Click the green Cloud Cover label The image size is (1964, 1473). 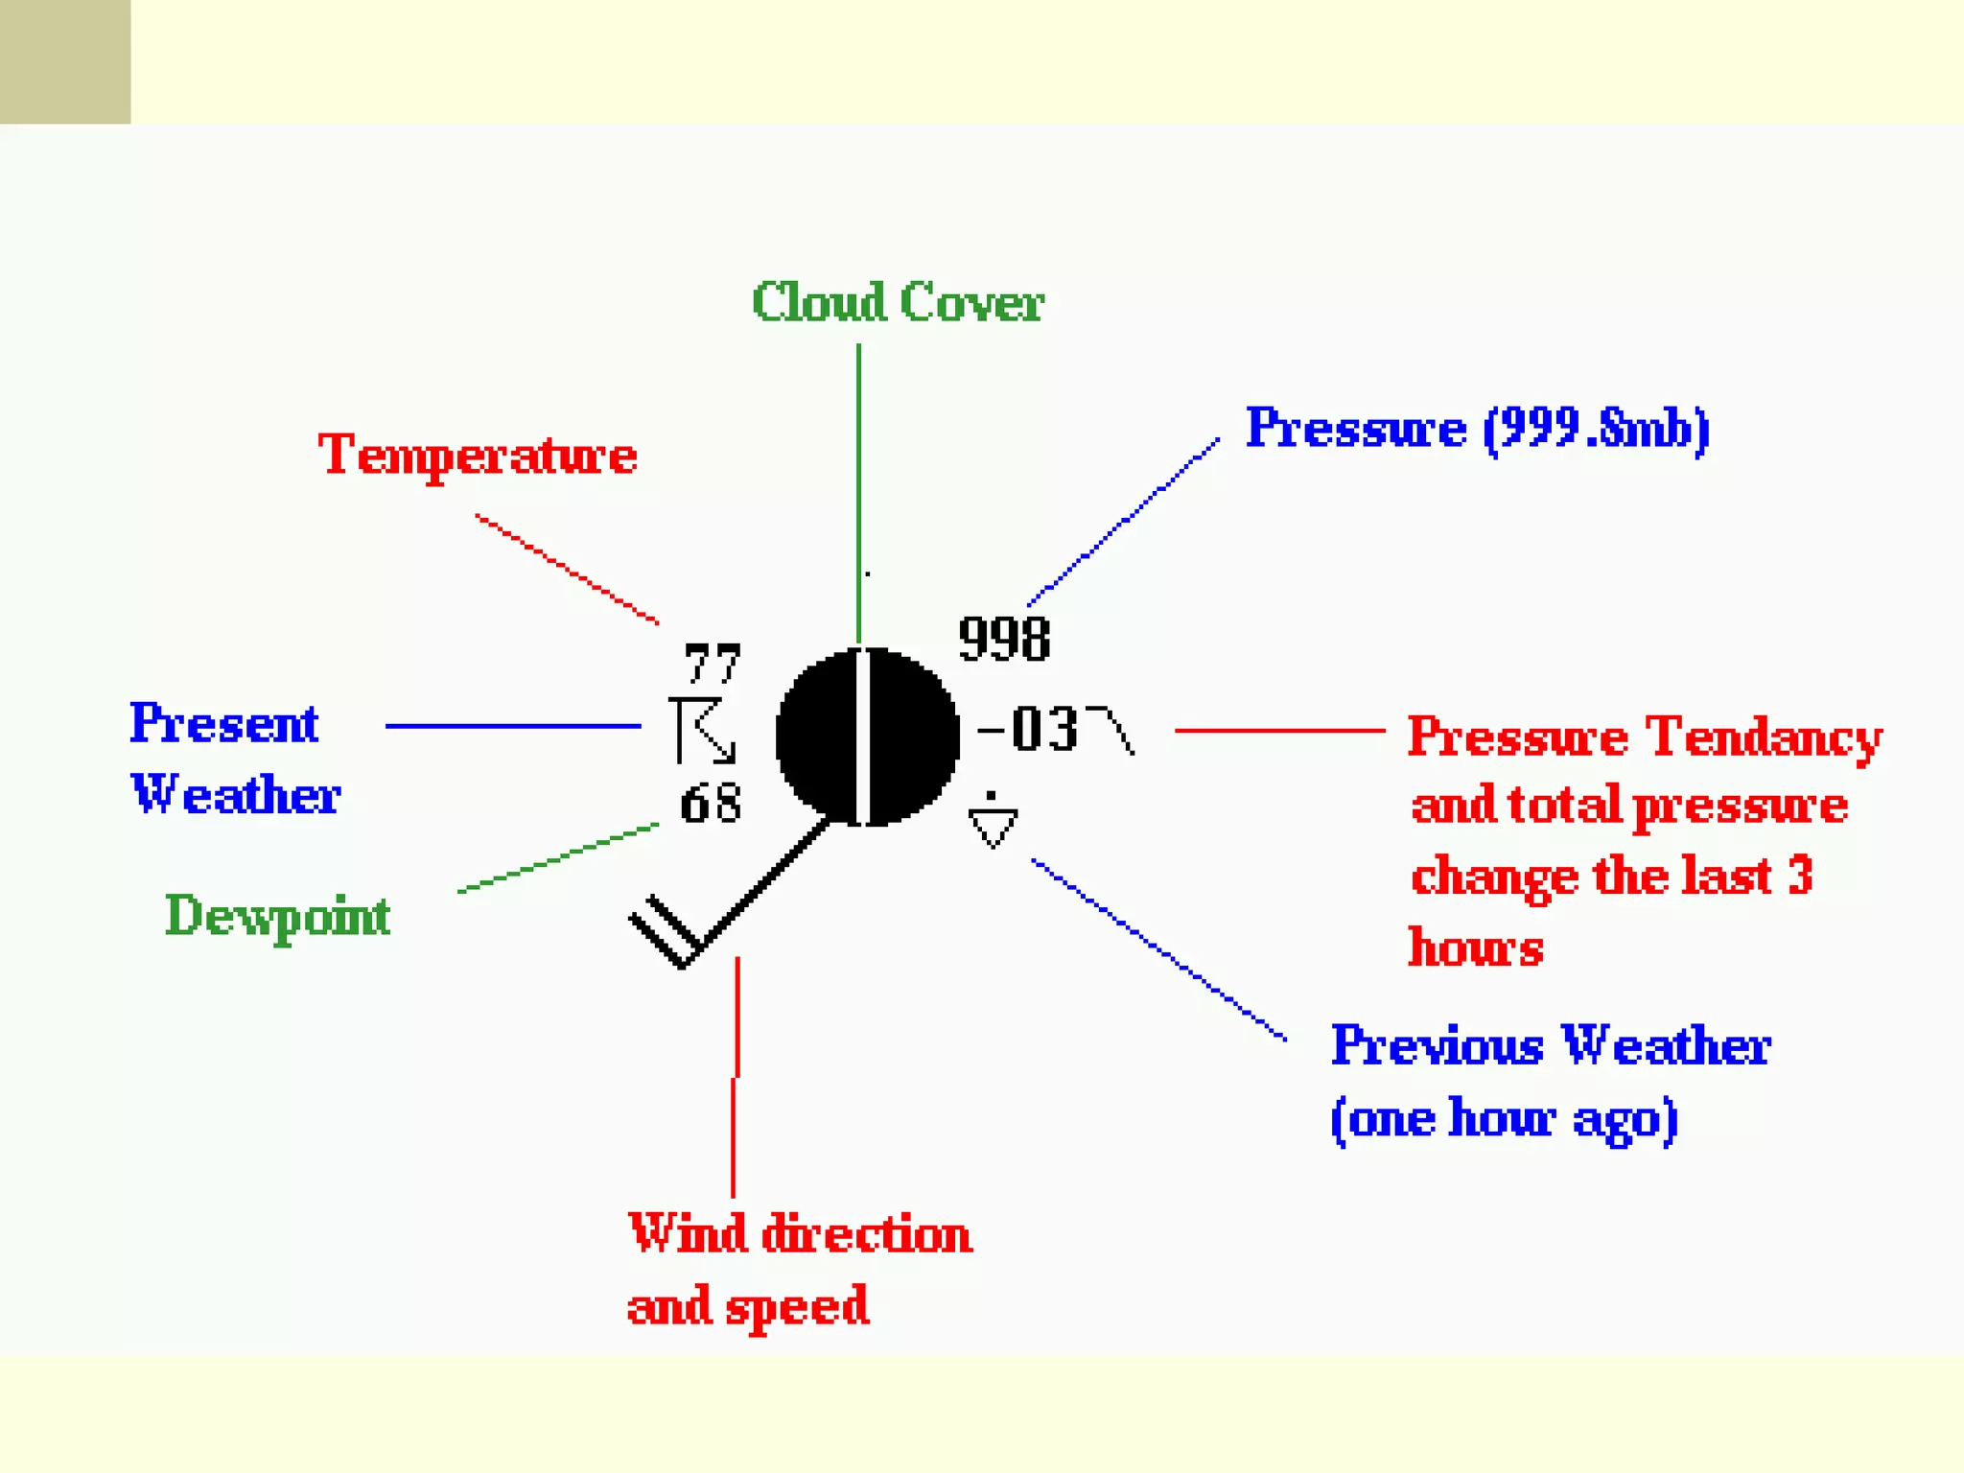click(x=898, y=302)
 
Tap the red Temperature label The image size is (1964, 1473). click(x=478, y=455)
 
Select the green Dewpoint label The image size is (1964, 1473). click(x=278, y=916)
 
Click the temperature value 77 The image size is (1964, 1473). click(x=713, y=663)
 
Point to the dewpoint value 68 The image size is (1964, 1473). click(x=711, y=803)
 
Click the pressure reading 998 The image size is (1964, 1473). click(x=1004, y=639)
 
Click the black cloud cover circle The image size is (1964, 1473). click(x=867, y=736)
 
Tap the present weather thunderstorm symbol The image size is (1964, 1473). click(x=702, y=731)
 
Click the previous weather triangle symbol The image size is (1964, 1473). click(x=993, y=823)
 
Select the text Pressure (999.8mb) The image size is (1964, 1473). click(x=1477, y=428)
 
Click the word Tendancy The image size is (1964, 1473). click(x=1764, y=737)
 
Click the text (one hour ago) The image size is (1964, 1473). click(x=1504, y=1118)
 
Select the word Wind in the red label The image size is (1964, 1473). click(x=687, y=1233)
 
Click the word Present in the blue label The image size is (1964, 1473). click(x=223, y=723)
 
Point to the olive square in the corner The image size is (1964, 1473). click(x=65, y=61)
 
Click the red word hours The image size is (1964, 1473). click(x=1475, y=947)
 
